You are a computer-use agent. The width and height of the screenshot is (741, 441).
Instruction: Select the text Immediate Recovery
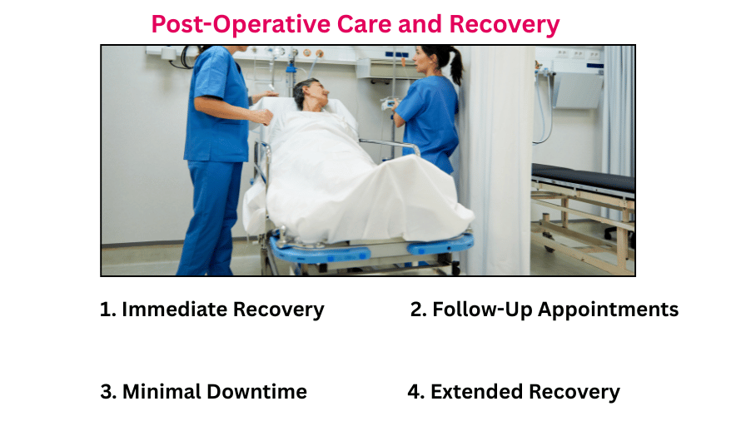tap(222, 310)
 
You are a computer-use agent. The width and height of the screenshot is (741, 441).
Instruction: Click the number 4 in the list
tap(414, 392)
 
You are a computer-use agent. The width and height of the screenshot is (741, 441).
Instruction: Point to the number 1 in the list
tap(105, 310)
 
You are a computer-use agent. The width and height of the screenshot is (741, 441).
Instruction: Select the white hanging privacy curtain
tap(498, 158)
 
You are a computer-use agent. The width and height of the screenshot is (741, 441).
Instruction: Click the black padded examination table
tap(583, 177)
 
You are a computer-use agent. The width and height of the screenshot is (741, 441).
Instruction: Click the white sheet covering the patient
tap(350, 183)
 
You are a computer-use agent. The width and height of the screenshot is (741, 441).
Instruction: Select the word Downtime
tap(261, 392)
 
